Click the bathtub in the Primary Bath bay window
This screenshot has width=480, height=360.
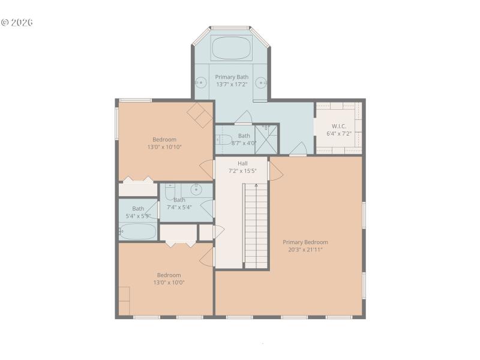231,47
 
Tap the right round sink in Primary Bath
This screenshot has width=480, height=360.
261,82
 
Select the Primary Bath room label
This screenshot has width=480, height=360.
232,77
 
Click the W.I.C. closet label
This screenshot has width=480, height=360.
339,126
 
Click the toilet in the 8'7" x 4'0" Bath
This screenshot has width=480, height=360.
223,140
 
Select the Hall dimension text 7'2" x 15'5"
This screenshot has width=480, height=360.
242,171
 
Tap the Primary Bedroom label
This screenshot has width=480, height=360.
305,242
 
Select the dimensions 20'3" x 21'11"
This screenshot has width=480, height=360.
305,250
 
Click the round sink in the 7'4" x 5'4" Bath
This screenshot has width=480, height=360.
196,190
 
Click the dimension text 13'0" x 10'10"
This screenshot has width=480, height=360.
164,146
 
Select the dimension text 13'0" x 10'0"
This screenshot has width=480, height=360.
169,283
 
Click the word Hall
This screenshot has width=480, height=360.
242,163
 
